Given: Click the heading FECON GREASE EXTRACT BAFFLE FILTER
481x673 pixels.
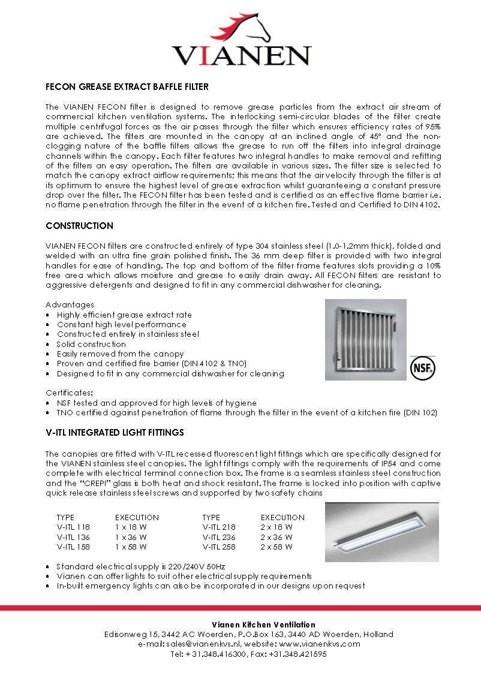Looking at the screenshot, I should [x=127, y=87].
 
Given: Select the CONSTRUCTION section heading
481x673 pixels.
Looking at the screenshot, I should [x=79, y=226].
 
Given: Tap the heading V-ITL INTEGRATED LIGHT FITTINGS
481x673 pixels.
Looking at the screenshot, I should [x=115, y=432].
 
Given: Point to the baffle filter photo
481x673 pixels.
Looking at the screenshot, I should [x=365, y=340].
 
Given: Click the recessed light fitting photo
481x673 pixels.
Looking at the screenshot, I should [x=381, y=532].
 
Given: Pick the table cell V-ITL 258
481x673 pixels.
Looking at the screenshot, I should [x=219, y=547].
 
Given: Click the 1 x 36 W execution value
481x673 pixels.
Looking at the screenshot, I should [x=131, y=538].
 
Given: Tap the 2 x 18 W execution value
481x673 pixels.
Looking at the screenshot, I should [x=276, y=527].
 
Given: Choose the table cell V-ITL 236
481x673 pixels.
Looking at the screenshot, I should [x=219, y=538].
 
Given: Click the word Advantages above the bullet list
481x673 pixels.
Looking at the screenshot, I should [x=70, y=305].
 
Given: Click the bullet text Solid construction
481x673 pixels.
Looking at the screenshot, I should [x=91, y=345].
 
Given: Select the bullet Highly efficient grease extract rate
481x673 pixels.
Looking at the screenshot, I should [x=124, y=315].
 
